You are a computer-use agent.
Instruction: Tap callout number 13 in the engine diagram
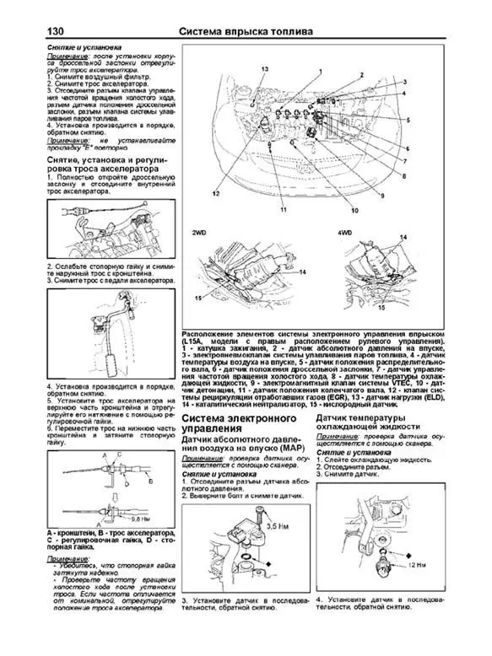coord(264,67)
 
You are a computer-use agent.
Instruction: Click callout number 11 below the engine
coord(284,208)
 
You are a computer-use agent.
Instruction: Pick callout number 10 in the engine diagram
coord(355,208)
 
